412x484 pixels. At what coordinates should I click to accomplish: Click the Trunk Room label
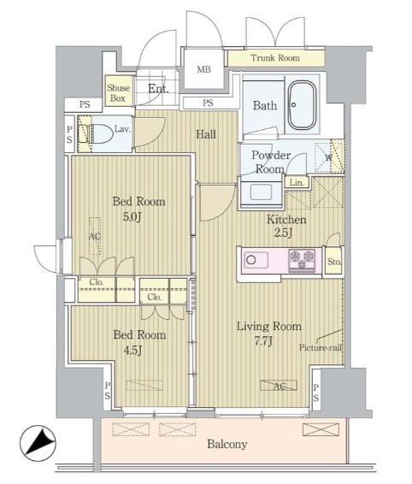pyautogui.click(x=275, y=58)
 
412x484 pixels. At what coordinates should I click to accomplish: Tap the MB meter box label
pyautogui.click(x=204, y=69)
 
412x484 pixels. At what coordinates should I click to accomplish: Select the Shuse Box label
pyautogui.click(x=118, y=93)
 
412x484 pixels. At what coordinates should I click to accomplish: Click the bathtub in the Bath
pyautogui.click(x=302, y=105)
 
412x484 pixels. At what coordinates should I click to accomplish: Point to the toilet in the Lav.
pyautogui.click(x=100, y=133)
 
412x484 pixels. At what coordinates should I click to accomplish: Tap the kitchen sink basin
pyautogui.click(x=256, y=260)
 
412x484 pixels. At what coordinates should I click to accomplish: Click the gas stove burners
pyautogui.click(x=302, y=261)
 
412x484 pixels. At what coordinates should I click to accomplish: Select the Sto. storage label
pyautogui.click(x=334, y=262)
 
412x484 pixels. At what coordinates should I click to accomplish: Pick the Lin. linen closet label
pyautogui.click(x=297, y=183)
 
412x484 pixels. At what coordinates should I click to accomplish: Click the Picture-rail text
pyautogui.click(x=321, y=348)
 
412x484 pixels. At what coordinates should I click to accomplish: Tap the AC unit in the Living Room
pyautogui.click(x=279, y=385)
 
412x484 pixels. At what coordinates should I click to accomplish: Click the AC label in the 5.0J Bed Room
pyautogui.click(x=95, y=237)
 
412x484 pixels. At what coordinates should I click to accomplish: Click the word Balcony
pyautogui.click(x=227, y=444)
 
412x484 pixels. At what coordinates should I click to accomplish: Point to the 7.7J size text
pyautogui.click(x=263, y=341)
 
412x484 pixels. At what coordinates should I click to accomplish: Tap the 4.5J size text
pyautogui.click(x=132, y=351)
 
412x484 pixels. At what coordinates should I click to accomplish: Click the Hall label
pyautogui.click(x=206, y=134)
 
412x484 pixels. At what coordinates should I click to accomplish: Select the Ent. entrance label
pyautogui.click(x=158, y=89)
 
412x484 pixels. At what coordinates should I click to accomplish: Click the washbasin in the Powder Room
pyautogui.click(x=261, y=193)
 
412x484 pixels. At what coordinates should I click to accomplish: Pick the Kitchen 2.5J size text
pyautogui.click(x=283, y=233)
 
